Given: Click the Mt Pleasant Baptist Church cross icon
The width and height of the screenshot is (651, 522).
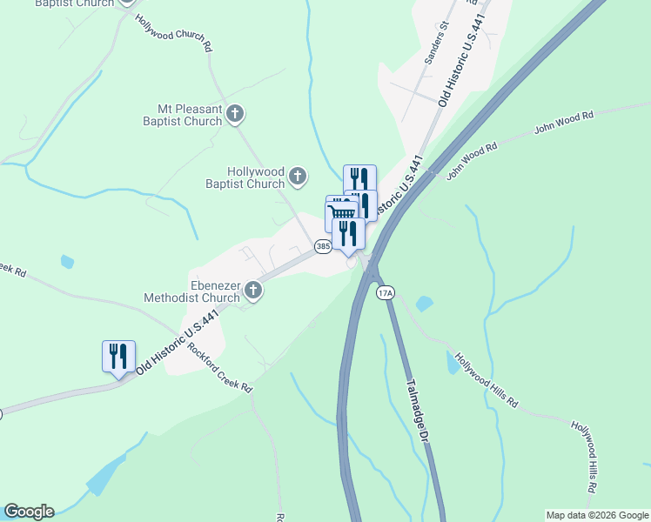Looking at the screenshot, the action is [x=236, y=113].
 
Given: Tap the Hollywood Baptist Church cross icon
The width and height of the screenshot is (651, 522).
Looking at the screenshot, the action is [x=298, y=177].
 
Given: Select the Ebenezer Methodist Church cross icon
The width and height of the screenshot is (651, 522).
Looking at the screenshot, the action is [x=253, y=290].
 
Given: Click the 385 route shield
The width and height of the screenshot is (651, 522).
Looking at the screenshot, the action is [x=323, y=247].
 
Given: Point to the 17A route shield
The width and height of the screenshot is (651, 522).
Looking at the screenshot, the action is [x=386, y=293].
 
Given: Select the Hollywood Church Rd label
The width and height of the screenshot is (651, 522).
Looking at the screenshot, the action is [x=174, y=33].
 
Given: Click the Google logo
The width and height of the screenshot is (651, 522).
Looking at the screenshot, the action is [x=29, y=512].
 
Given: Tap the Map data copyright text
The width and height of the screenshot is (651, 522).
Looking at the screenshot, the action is [x=596, y=515].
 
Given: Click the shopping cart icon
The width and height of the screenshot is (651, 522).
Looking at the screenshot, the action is [x=343, y=213].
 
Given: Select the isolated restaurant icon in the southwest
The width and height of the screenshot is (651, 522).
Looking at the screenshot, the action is [x=118, y=356].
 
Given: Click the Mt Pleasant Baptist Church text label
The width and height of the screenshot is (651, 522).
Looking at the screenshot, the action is [x=190, y=116].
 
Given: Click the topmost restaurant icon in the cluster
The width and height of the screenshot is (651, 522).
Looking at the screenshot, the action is [x=359, y=179].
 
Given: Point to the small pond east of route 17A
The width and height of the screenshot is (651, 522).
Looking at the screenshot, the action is [x=424, y=304].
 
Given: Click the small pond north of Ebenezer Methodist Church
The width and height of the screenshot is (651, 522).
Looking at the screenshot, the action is [x=68, y=261].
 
